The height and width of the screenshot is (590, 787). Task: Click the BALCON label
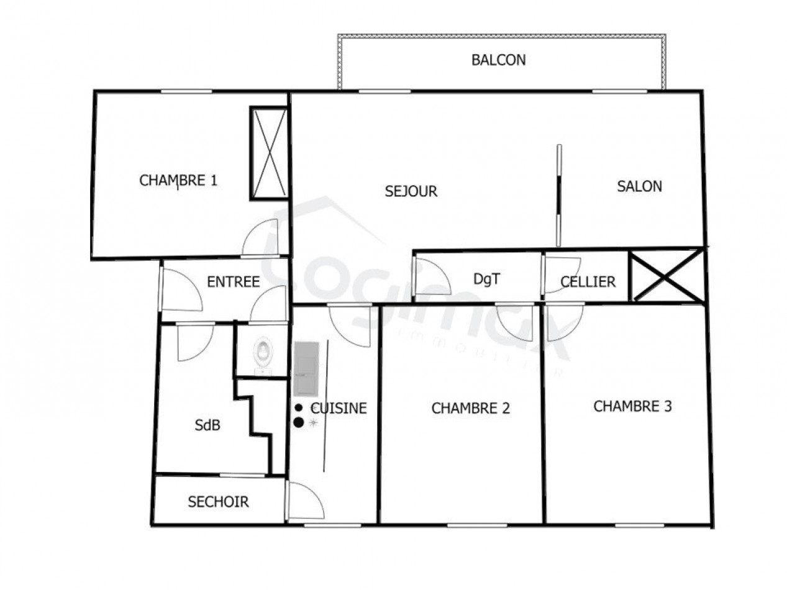click(x=498, y=60)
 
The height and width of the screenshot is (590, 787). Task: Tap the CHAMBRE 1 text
click(x=178, y=181)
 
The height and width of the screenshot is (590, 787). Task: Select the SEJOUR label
click(x=411, y=191)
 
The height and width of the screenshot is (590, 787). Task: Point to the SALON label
click(x=639, y=186)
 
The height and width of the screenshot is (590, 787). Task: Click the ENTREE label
click(x=233, y=282)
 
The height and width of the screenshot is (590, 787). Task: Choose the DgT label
click(x=486, y=279)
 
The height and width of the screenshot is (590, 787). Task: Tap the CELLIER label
click(x=588, y=282)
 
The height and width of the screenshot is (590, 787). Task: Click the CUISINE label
click(x=339, y=408)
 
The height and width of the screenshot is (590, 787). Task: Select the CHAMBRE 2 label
click(x=470, y=408)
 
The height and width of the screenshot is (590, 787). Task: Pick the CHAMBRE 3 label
click(x=632, y=406)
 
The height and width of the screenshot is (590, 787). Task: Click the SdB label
click(x=207, y=426)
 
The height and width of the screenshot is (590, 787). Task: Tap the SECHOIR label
click(x=218, y=502)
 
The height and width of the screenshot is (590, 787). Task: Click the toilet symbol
click(x=263, y=354)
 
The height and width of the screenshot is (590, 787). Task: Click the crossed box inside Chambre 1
click(x=269, y=153)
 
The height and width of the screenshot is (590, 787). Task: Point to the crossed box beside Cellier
click(x=666, y=276)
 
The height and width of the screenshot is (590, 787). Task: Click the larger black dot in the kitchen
click(x=299, y=422)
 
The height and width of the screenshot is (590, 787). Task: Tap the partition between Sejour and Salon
click(x=558, y=196)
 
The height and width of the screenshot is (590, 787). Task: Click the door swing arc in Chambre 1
click(x=261, y=238)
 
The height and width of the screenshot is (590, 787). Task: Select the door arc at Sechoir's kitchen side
click(x=306, y=501)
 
